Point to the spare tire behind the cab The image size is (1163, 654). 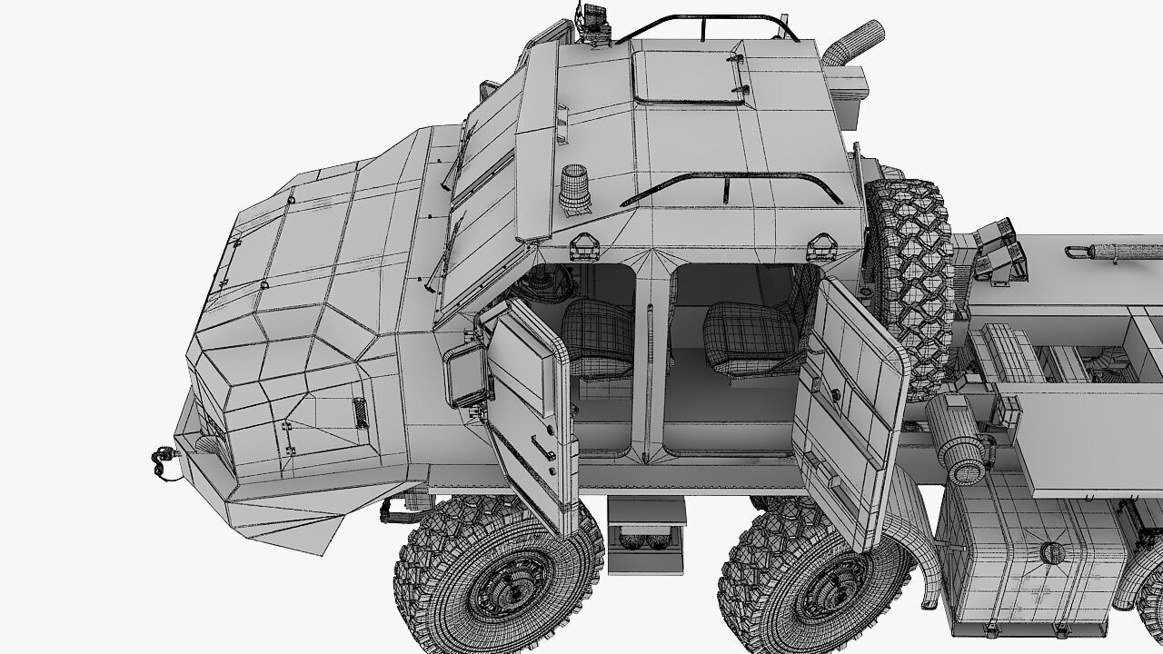tap(909, 282)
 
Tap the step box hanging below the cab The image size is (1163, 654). tap(646, 536)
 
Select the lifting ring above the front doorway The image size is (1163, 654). tap(583, 244)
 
